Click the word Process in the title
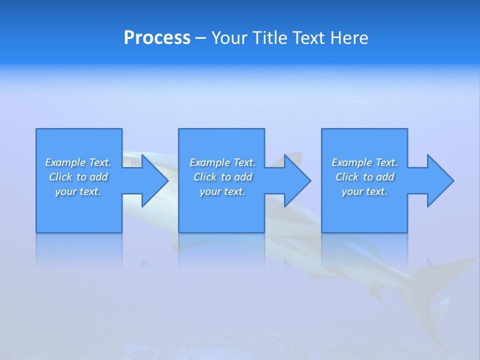(157, 38)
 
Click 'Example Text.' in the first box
(78, 162)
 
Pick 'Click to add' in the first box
(78, 177)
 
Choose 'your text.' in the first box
(78, 191)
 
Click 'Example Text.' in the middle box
(222, 162)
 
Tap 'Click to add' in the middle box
(222, 177)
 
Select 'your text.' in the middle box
(222, 191)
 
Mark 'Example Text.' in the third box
(364, 162)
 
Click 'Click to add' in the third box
(364, 177)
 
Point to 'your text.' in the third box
(364, 191)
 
